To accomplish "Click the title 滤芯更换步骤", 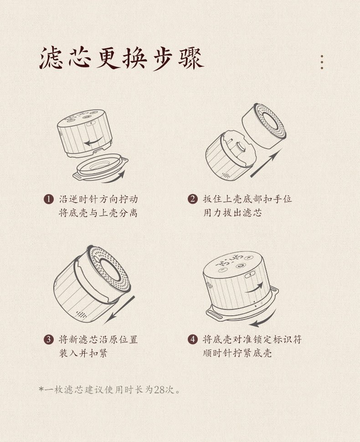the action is [122, 58].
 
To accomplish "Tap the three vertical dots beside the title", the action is [322, 62].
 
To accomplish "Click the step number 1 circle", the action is [48, 199].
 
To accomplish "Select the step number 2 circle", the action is [193, 199].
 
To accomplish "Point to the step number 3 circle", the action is [48, 339].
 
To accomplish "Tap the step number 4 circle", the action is [193, 339].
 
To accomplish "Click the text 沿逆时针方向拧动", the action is [98, 199].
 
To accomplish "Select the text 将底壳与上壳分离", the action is [98, 213].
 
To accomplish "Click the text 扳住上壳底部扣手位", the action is [247, 199].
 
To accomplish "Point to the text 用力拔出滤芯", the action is [232, 212].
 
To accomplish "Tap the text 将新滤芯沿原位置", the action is [98, 339].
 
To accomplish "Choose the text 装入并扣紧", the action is [83, 353].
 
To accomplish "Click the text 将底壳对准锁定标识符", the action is [252, 339].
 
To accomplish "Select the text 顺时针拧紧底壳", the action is [237, 353].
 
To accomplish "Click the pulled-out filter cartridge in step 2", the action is [264, 126].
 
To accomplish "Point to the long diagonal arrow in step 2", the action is [266, 163].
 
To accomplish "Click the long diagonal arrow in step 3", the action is [119, 309].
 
